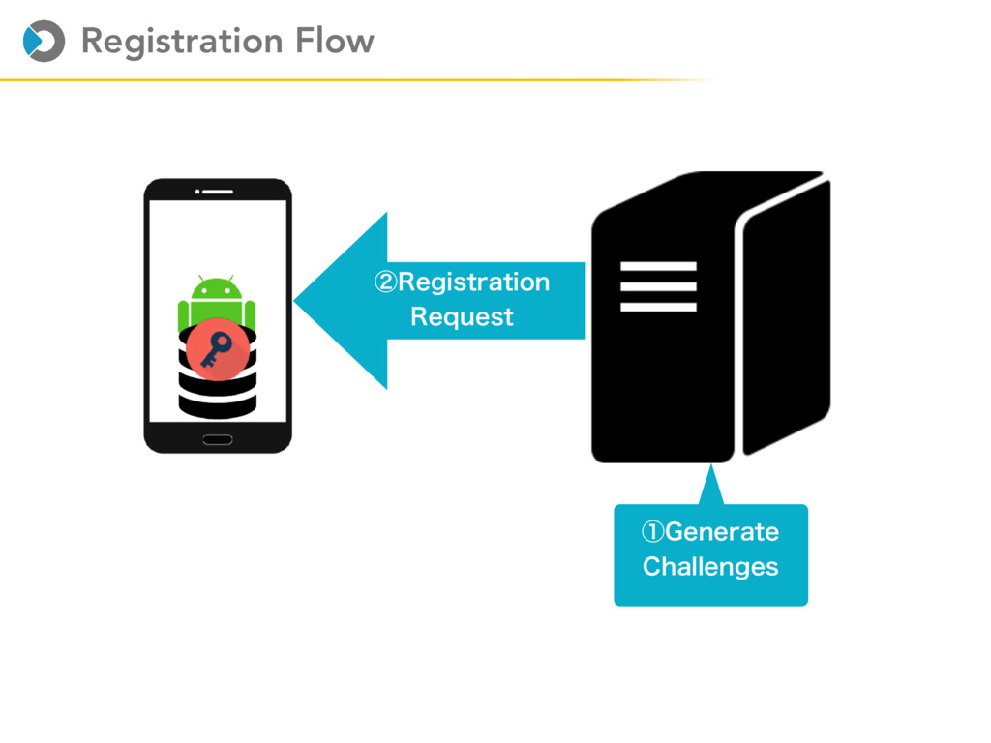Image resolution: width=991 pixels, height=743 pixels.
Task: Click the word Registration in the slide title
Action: click(x=181, y=42)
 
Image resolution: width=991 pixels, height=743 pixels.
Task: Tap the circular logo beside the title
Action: click(x=44, y=41)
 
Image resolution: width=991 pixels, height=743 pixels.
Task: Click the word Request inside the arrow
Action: click(x=462, y=317)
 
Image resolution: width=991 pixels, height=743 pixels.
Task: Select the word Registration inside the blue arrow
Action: click(x=473, y=282)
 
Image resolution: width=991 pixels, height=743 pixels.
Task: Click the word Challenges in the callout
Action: click(x=710, y=567)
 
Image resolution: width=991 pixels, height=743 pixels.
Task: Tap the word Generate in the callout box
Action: click(x=722, y=532)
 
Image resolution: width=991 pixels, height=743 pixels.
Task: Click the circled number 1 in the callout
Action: click(x=653, y=532)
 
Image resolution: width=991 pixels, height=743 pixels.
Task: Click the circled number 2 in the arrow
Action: click(x=386, y=282)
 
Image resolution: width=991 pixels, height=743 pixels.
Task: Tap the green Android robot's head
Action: click(x=216, y=288)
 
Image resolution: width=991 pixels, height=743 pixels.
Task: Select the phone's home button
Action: click(x=218, y=440)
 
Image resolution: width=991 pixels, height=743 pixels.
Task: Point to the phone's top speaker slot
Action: click(x=218, y=191)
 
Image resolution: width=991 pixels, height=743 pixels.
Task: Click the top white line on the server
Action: click(x=658, y=266)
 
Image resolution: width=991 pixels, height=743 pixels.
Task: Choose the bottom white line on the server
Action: click(x=658, y=308)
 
